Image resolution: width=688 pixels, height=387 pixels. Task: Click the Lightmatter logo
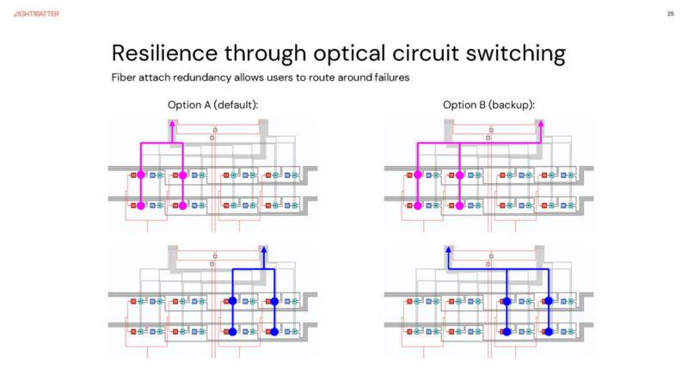click(36, 14)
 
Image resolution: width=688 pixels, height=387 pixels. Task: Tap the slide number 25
click(670, 14)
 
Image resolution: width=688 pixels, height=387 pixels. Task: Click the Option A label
click(189, 105)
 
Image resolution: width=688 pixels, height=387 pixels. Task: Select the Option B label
click(464, 105)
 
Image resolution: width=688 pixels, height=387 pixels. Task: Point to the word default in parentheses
click(233, 105)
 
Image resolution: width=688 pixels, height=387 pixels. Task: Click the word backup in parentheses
click(511, 105)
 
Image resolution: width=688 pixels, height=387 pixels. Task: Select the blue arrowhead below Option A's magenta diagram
click(263, 251)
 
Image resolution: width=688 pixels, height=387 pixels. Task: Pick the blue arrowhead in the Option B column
click(448, 251)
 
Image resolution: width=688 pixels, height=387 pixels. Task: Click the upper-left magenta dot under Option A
click(140, 175)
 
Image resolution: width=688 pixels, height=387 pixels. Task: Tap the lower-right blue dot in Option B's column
click(548, 331)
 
